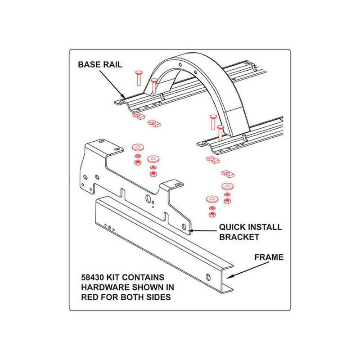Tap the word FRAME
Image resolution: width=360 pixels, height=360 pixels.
click(x=269, y=257)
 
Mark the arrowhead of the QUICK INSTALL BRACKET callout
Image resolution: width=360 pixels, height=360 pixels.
click(x=191, y=231)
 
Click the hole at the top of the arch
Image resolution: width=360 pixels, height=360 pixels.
click(x=180, y=65)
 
